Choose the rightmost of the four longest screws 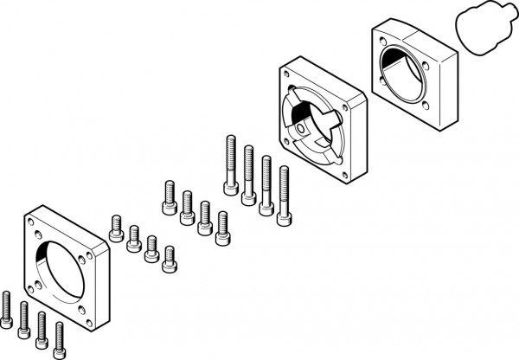(x=283, y=194)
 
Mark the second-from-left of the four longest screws (x=249, y=172)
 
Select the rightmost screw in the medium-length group (x=221, y=226)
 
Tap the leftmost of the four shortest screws (x=117, y=228)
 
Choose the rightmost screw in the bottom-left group (x=60, y=337)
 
